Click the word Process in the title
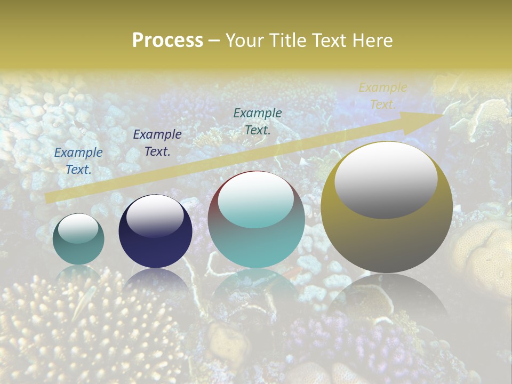167,41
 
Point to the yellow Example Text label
382,96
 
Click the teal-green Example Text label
258,121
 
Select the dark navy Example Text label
157,143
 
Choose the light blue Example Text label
78,161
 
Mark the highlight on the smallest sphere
78,229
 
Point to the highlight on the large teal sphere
255,200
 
